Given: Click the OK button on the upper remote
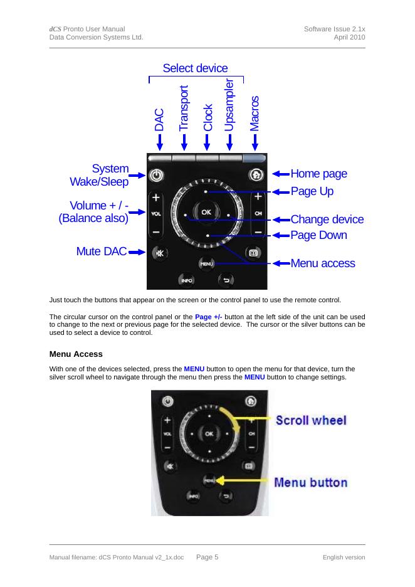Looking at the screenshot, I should [206, 212].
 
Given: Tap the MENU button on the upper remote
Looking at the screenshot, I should [206, 264].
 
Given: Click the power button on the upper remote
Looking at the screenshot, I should [156, 176].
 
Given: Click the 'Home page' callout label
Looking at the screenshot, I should [318, 174].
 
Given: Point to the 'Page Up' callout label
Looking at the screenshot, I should [312, 191].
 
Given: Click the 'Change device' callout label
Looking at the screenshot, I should [327, 219].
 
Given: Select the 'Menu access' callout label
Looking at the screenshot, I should [322, 263].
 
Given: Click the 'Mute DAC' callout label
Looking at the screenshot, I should [101, 251].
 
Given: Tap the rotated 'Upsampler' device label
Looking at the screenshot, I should [229, 105].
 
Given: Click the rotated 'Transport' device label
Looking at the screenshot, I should [184, 108].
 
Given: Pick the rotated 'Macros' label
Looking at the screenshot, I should [254, 113].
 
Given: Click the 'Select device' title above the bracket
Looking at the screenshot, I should [195, 68].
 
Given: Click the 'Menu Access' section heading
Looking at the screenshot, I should [76, 354].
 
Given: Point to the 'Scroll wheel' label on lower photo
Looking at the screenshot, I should [311, 420].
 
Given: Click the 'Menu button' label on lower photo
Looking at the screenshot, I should [311, 482].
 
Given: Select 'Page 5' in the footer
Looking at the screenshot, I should [207, 557].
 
